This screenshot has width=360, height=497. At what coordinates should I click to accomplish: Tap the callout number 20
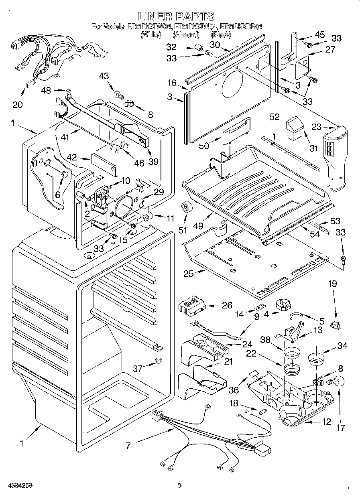click(x=17, y=105)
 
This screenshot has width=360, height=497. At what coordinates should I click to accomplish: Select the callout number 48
click(x=46, y=91)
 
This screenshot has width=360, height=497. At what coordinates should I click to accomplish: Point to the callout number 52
click(x=275, y=117)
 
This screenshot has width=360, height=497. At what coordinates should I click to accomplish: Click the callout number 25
click(x=189, y=274)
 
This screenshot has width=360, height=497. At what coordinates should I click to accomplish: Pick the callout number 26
click(x=227, y=305)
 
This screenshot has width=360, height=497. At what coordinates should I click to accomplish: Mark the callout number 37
click(x=138, y=368)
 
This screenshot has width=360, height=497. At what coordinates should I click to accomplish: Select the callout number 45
click(x=319, y=35)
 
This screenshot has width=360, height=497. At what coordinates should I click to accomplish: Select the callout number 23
click(x=317, y=127)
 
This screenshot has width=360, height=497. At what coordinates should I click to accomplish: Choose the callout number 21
click(x=228, y=362)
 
